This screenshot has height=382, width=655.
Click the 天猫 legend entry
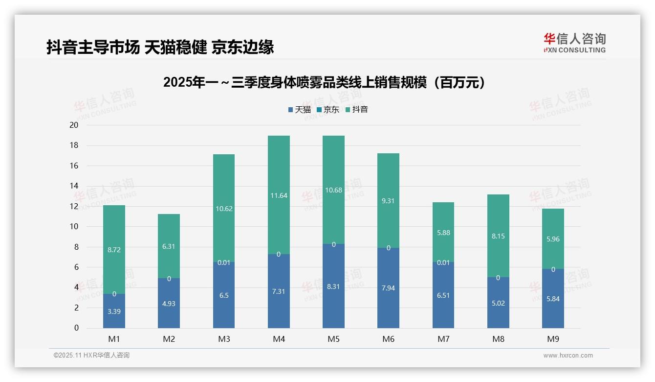pos(300,110)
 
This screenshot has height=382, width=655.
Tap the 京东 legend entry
pos(328,110)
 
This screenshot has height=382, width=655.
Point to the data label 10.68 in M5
pos(333,190)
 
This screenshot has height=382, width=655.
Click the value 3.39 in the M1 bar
pos(114,311)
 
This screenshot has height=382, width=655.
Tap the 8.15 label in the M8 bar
pos(498,236)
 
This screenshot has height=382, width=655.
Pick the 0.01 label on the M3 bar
pos(224,263)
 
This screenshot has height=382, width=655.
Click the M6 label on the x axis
pos(389,339)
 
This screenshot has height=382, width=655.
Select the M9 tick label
pos(553,339)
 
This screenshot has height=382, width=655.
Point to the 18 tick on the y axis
pos(74,145)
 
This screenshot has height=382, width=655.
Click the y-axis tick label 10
pos(74,227)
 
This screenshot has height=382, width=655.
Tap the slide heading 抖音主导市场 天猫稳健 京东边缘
pos(160,47)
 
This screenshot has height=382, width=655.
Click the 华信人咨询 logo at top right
pos(574,43)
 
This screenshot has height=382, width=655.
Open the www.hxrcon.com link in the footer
pos(568,356)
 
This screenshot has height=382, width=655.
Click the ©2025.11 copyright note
pos(91,356)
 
